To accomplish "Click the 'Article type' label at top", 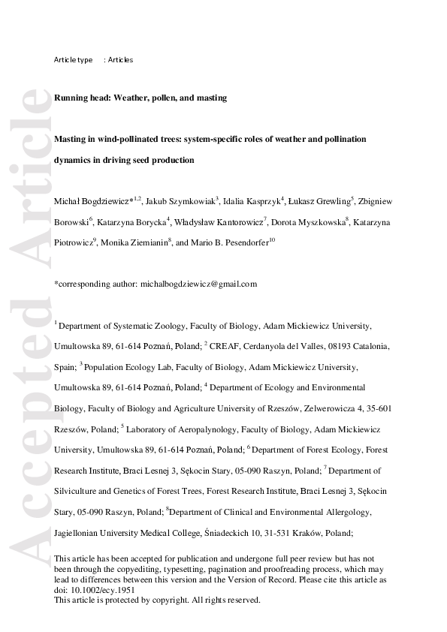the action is pos(73,60).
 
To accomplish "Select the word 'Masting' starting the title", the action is pos(71,140).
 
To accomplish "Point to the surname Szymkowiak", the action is pos(192,201).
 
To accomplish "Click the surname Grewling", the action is pos(331,201).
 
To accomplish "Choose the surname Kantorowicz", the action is pos(237,222).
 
